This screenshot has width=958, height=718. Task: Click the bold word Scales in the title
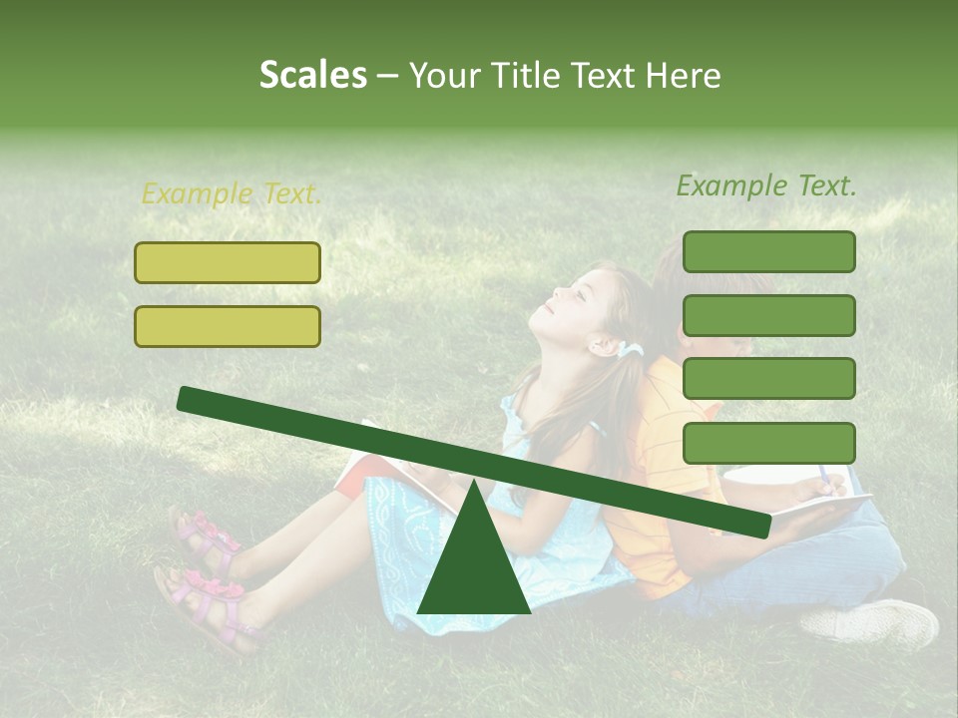312,75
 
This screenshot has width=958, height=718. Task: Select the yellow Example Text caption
232,194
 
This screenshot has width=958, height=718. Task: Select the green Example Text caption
766,185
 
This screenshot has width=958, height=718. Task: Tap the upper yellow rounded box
228,262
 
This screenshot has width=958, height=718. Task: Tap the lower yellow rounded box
228,326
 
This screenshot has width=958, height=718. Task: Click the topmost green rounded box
768,251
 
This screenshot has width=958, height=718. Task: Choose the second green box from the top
768,315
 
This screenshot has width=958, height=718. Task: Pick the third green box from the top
768,378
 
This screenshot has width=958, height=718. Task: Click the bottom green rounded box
768,443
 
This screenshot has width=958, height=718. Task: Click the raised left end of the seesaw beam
190,399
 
